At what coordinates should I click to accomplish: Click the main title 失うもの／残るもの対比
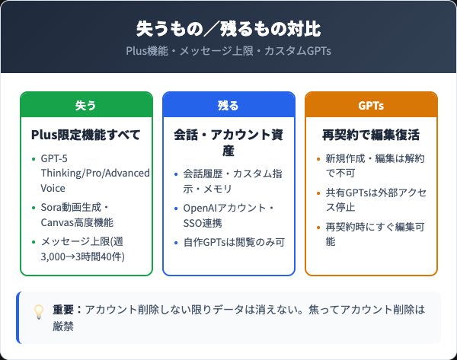[228, 29]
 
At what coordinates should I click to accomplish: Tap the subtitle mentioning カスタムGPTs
[228, 51]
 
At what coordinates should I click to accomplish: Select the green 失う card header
[86, 105]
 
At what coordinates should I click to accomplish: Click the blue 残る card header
[228, 105]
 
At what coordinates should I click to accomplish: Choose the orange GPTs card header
[371, 105]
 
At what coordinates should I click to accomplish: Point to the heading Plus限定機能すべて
[86, 135]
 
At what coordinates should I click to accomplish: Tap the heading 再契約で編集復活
[371, 135]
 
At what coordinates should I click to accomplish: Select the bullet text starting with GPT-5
[96, 173]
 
